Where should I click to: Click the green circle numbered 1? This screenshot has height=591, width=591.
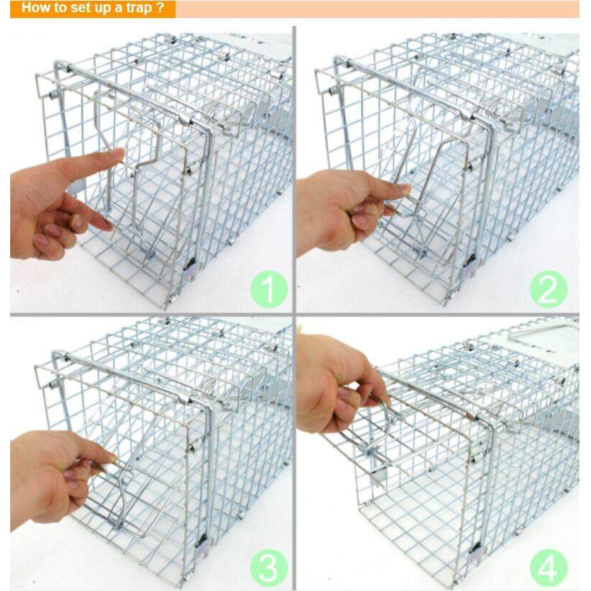click(269, 289)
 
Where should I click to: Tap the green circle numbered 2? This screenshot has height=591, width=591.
click(548, 289)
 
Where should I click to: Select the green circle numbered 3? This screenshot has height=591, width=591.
click(269, 568)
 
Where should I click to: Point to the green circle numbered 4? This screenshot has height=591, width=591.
click(548, 568)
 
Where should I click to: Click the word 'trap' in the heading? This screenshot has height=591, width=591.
click(139, 8)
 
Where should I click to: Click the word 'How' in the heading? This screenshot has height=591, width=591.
click(34, 7)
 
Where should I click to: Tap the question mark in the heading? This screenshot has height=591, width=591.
click(160, 7)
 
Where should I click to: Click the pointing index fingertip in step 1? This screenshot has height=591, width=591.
click(119, 153)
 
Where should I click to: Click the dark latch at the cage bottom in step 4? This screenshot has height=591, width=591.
click(473, 550)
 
